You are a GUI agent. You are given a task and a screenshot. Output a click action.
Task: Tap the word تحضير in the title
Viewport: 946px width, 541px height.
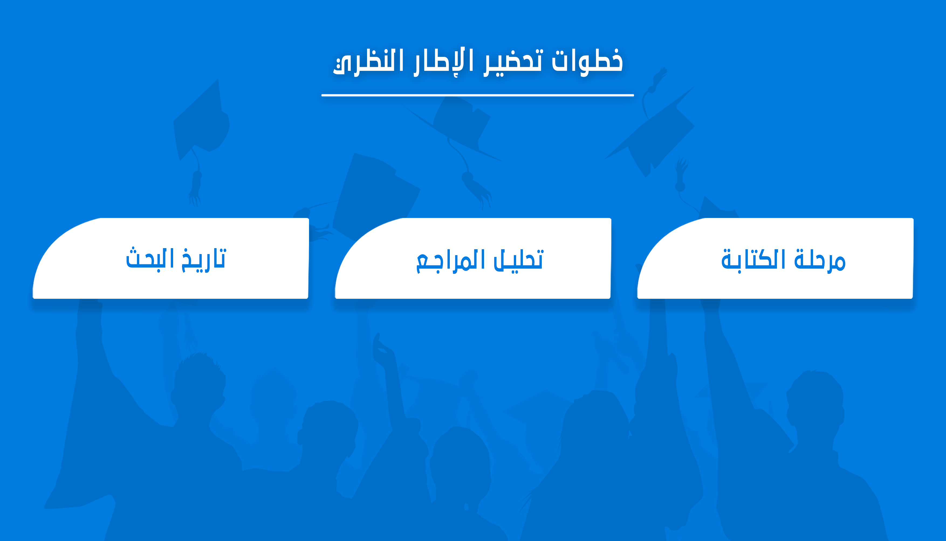tap(513, 62)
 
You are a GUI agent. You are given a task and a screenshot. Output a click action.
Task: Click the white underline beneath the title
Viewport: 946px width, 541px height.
tap(478, 95)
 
